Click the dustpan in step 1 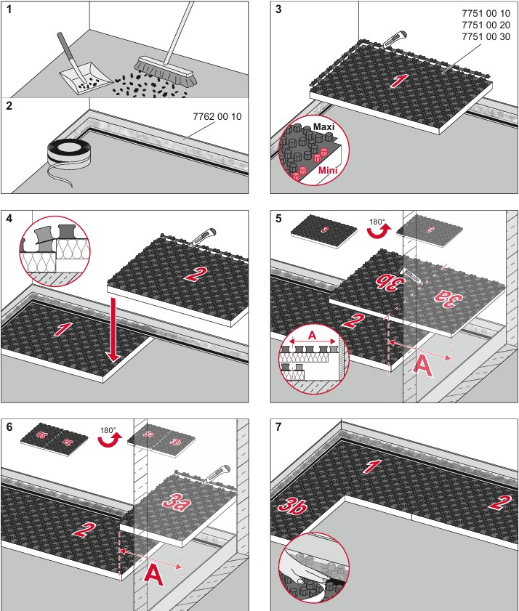click(86, 78)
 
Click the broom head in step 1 click(166, 71)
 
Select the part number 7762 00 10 click(217, 116)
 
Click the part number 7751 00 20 click(486, 25)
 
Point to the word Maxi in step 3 click(323, 126)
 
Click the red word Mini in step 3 click(328, 170)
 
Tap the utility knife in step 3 click(395, 39)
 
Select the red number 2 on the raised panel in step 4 click(194, 275)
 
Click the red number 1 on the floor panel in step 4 click(63, 329)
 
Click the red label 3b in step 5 click(388, 283)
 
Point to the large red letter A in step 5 click(422, 367)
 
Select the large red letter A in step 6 click(153, 575)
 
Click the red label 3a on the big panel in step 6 click(177, 502)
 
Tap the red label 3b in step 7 click(292, 506)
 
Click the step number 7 click(278, 427)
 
